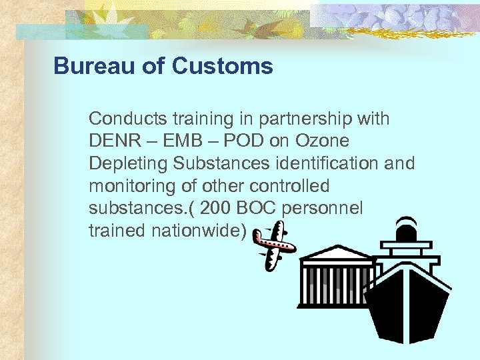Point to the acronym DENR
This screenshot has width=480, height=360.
112,141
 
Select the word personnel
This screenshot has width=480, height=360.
323,209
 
